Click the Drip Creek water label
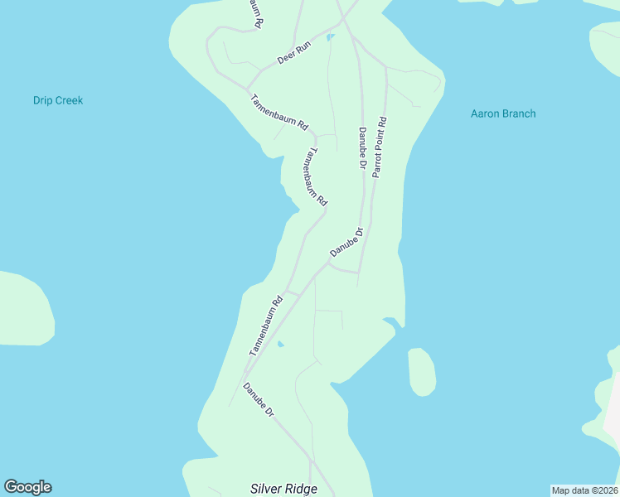(58, 101)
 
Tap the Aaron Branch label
(503, 114)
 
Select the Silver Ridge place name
(283, 489)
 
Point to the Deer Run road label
(293, 55)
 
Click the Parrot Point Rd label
(380, 147)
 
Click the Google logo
(27, 487)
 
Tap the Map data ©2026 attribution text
(585, 490)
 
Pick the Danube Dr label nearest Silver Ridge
(259, 399)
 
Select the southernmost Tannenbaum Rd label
(266, 326)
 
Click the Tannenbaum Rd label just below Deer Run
(279, 113)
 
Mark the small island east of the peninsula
(421, 371)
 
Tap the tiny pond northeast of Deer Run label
(330, 37)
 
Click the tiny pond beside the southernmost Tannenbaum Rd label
(281, 344)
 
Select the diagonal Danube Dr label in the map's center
(346, 242)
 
